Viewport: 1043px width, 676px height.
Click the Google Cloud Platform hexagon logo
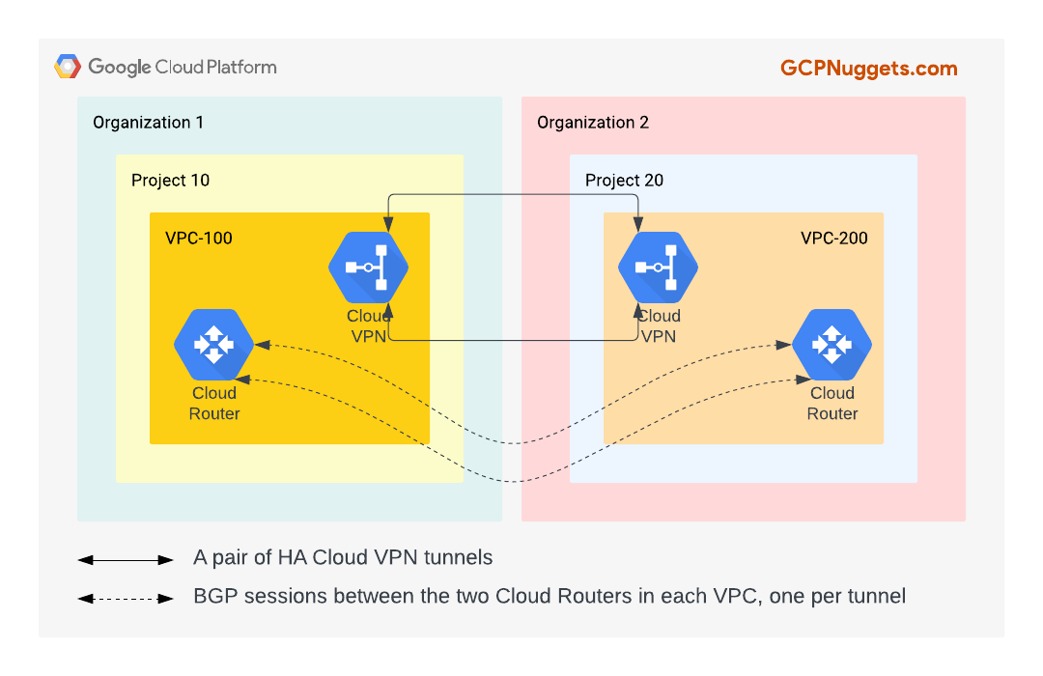coord(68,67)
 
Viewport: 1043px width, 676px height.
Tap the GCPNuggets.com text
coord(868,68)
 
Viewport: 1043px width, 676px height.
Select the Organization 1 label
coord(148,123)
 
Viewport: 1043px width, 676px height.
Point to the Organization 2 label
coord(593,123)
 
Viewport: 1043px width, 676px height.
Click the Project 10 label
coord(170,181)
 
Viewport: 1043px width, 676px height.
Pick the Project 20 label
coord(624,181)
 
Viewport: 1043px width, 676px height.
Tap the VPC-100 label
coord(199,238)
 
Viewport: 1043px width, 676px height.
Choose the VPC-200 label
coord(834,238)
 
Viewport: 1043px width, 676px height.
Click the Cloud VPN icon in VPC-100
coord(368,268)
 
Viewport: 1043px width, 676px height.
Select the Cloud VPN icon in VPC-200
coord(658,268)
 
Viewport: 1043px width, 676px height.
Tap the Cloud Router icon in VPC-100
coord(213,345)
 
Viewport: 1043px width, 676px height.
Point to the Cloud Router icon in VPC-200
coord(832,345)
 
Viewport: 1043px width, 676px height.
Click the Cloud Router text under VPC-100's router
coord(214,404)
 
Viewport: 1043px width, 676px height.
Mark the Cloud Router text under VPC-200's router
coord(832,404)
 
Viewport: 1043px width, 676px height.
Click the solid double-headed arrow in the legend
coord(126,559)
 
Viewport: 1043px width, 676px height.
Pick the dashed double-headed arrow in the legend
coord(126,599)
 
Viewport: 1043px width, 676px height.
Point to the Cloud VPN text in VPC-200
coord(659,326)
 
